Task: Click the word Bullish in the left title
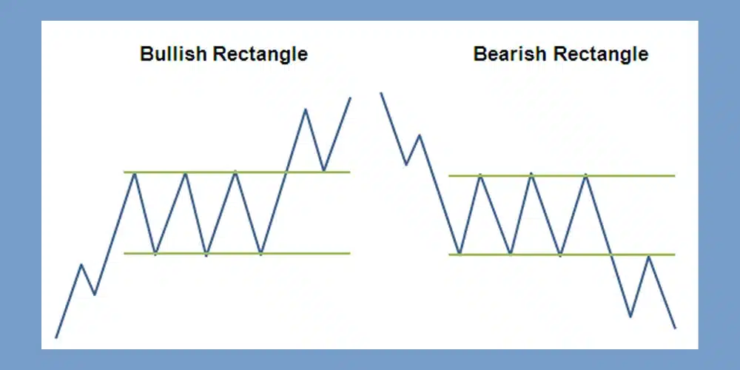point(174,54)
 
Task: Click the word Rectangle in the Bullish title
point(260,54)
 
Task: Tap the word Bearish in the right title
point(510,54)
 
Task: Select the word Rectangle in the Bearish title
point(600,54)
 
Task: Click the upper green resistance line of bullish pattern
point(237,172)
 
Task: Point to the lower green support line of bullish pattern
point(237,253)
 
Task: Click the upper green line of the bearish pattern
point(562,175)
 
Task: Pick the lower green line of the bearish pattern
point(562,255)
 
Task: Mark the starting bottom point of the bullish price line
point(57,337)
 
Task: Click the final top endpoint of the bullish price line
point(350,98)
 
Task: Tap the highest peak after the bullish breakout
point(306,110)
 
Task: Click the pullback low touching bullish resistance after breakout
point(324,170)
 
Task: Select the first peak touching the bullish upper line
point(135,174)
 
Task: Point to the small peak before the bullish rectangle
point(81,264)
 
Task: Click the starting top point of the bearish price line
point(381,93)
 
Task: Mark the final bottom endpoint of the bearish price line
point(676,328)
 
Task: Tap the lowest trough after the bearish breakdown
point(630,317)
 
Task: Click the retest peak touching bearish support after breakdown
point(650,256)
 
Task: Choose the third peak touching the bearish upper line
point(586,175)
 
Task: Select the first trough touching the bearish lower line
point(460,254)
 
